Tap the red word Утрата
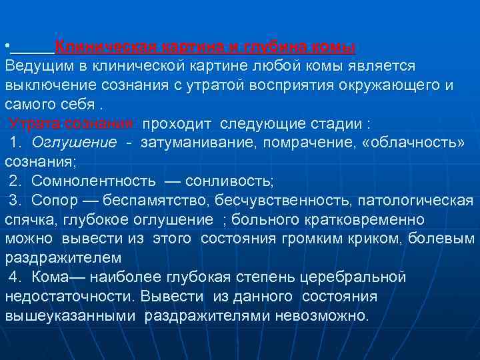point(32,124)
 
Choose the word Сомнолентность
point(94,181)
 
